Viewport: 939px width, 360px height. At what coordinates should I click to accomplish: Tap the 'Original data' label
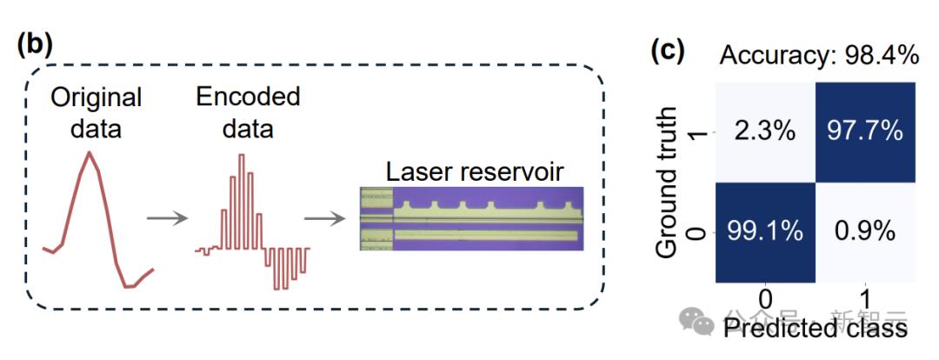(96, 112)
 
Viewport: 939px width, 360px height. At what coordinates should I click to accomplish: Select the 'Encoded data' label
(248, 112)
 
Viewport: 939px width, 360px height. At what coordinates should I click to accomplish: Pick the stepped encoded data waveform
(252, 226)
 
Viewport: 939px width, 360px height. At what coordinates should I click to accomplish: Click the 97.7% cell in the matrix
(866, 132)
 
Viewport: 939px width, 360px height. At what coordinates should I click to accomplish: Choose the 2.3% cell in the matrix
(765, 132)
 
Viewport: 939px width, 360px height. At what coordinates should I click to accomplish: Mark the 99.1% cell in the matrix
(765, 232)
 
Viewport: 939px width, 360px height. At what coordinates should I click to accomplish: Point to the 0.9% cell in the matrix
(866, 232)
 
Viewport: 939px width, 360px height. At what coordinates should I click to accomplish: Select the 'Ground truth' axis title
(667, 183)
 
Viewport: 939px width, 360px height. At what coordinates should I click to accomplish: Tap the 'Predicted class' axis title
(816, 328)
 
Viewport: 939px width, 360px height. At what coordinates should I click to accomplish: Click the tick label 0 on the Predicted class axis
(765, 298)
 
